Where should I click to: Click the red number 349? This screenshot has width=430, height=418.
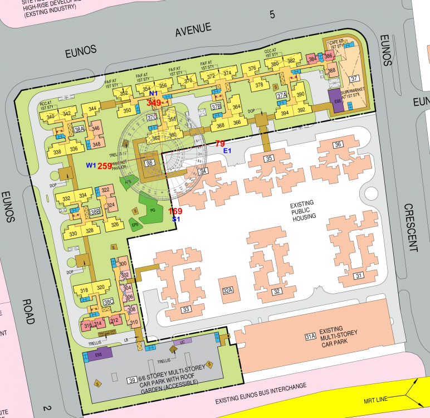tap(154, 103)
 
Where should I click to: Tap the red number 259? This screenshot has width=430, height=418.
tap(105, 166)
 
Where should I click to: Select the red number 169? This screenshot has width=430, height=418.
tap(175, 211)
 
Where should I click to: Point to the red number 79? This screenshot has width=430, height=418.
tap(220, 144)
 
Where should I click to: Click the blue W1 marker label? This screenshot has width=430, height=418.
tap(91, 166)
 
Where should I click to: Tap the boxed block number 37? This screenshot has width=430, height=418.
tap(355, 79)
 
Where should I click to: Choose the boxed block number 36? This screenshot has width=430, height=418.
tap(338, 145)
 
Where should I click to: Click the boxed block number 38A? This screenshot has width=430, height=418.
tap(79, 129)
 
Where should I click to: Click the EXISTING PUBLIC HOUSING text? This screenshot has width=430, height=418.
tap(303, 210)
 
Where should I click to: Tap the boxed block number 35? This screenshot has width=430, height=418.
tap(269, 159)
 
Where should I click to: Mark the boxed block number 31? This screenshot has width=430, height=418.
tap(358, 276)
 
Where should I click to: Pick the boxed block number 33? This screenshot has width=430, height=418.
tap(186, 309)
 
